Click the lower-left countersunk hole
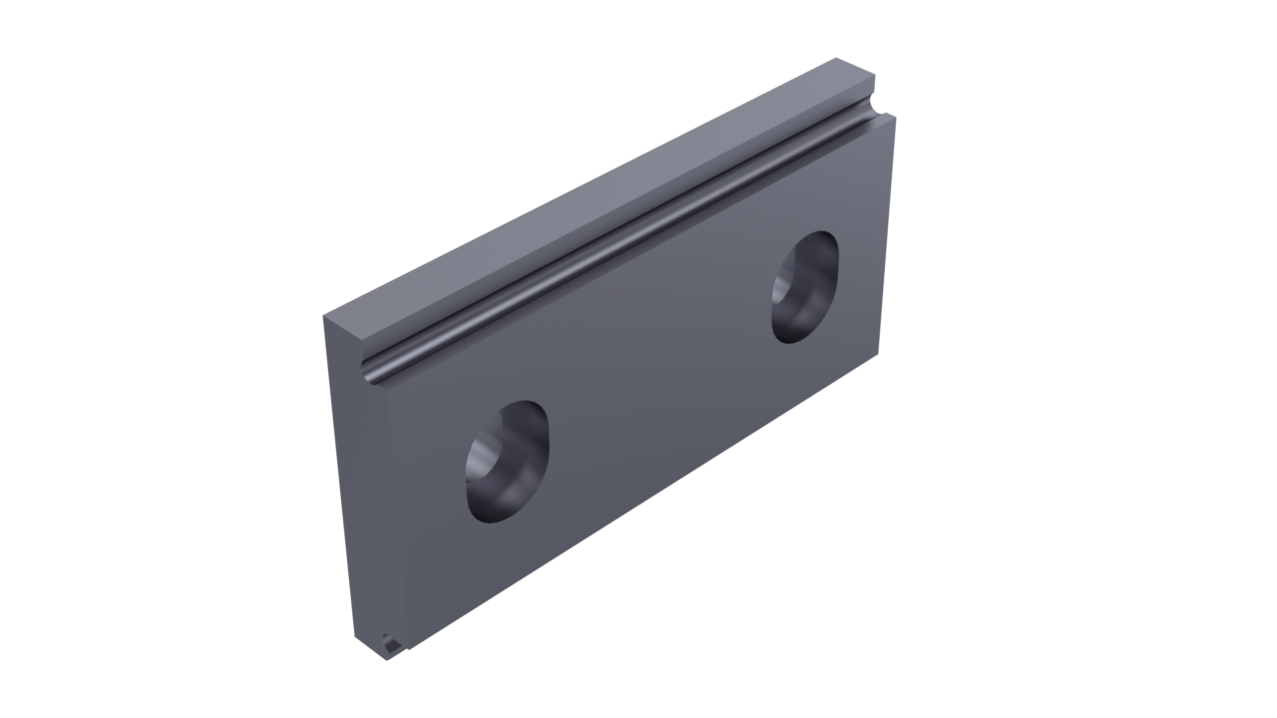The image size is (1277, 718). (x=507, y=463)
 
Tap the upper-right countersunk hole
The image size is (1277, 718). (x=805, y=287)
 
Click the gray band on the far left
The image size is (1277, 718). (x=95, y=359)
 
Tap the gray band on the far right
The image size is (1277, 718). (x=1182, y=359)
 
